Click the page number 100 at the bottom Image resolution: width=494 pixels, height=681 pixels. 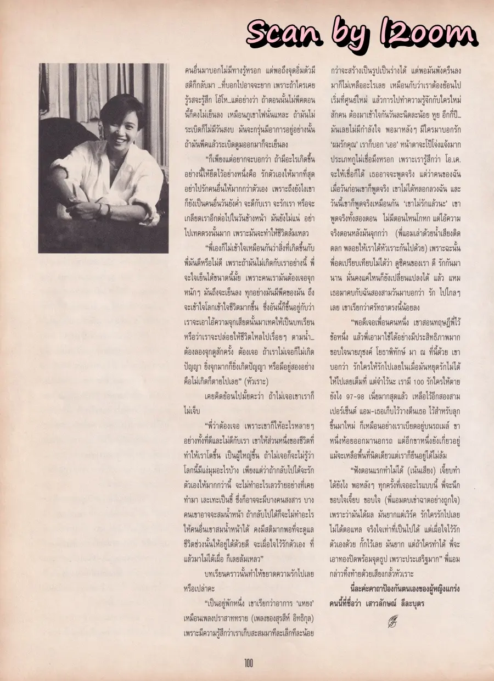[249, 663]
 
